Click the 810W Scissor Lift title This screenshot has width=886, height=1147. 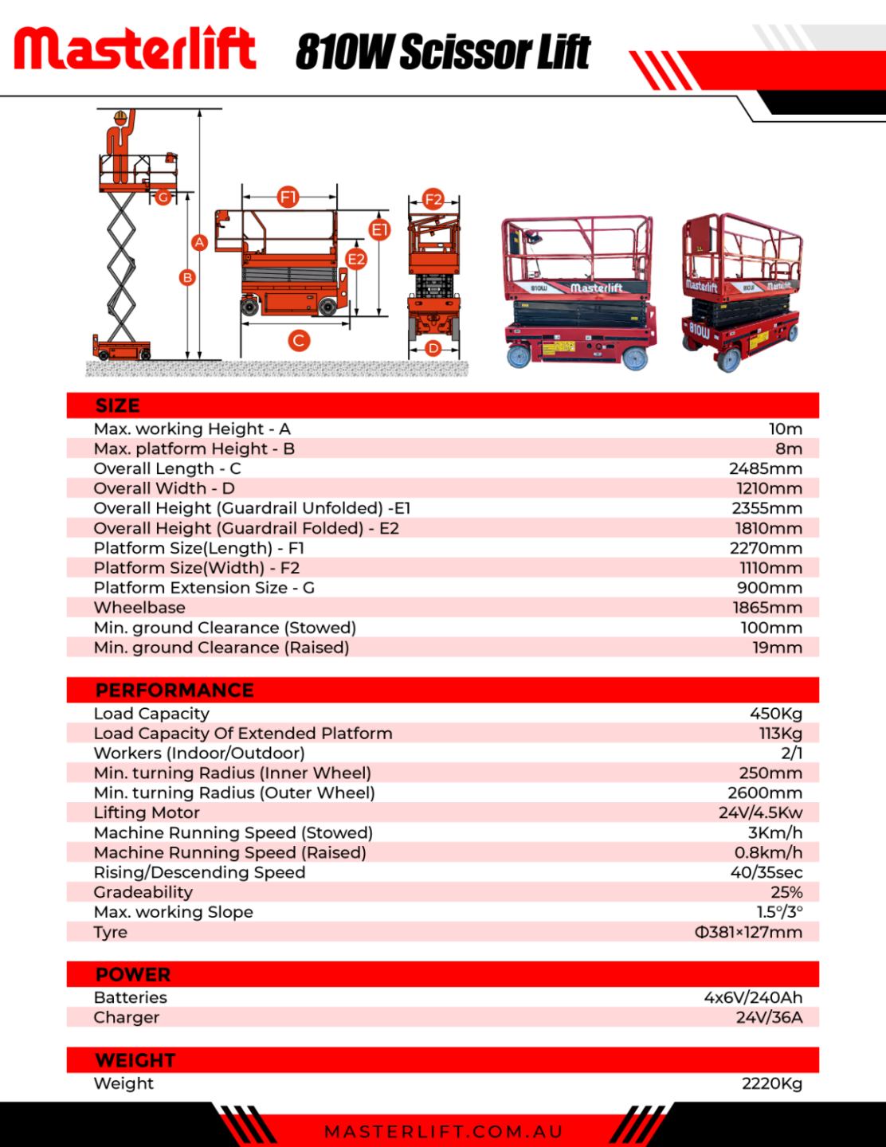pyautogui.click(x=442, y=51)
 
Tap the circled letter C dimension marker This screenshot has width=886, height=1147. pyautogui.click(x=299, y=340)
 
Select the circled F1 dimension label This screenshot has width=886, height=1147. pyautogui.click(x=288, y=198)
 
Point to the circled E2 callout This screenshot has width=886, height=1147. pyautogui.click(x=356, y=259)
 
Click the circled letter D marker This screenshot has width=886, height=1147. pyautogui.click(x=433, y=348)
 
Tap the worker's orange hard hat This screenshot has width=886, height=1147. pyautogui.click(x=120, y=115)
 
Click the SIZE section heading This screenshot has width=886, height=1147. pyautogui.click(x=118, y=405)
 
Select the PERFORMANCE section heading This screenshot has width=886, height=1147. pyautogui.click(x=174, y=690)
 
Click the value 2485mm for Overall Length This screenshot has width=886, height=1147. pyautogui.click(x=766, y=468)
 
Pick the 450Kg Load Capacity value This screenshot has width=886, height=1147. pyautogui.click(x=776, y=714)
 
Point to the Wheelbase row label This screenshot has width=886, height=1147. pyautogui.click(x=139, y=608)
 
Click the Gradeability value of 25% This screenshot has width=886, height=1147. pyautogui.click(x=786, y=892)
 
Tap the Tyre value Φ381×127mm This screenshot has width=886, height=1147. pyautogui.click(x=749, y=932)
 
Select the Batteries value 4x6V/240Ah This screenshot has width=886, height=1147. pyautogui.click(x=754, y=997)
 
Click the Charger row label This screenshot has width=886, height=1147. pyautogui.click(x=126, y=1018)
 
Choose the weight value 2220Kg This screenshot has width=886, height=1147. pyautogui.click(x=772, y=1083)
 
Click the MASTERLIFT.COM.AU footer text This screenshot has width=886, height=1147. pyautogui.click(x=444, y=1132)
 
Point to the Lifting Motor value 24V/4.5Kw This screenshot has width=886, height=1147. pyautogui.click(x=760, y=813)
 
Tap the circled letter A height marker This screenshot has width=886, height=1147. pyautogui.click(x=199, y=243)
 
